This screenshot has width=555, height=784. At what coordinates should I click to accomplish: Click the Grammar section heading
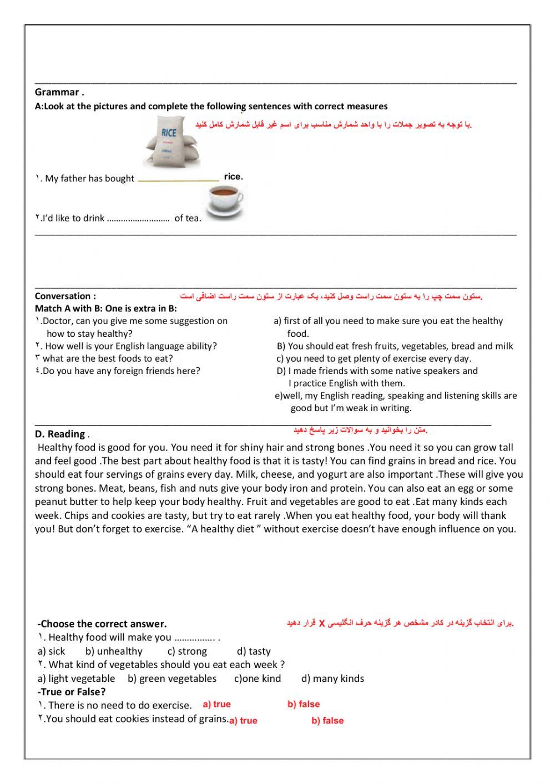[59, 93]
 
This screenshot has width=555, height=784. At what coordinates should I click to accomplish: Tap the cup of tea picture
[224, 202]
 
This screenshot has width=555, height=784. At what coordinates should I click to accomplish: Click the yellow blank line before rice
[178, 179]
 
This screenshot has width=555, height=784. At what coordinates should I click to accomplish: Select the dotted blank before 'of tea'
[138, 219]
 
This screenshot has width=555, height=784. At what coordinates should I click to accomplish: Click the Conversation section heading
[65, 296]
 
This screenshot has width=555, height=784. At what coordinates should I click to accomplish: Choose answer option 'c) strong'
[187, 651]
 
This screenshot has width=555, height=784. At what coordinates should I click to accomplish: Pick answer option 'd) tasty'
[254, 651]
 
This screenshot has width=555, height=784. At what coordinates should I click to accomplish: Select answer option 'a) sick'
[52, 651]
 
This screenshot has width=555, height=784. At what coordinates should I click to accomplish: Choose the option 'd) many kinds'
[333, 679]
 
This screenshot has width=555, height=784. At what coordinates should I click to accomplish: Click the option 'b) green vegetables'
[172, 679]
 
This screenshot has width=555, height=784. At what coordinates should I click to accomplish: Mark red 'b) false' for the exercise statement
[304, 704]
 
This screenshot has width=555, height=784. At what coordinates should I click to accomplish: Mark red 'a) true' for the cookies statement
[243, 721]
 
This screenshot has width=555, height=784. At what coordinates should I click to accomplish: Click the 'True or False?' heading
[72, 692]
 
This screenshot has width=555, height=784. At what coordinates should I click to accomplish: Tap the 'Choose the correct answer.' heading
[102, 624]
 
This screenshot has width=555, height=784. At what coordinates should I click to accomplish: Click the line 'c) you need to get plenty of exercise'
[374, 358]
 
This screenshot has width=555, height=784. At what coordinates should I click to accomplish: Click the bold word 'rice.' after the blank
[234, 176]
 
